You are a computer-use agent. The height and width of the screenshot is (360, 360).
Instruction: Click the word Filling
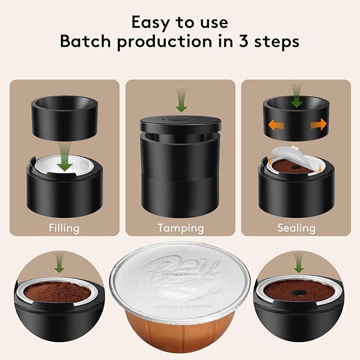[64, 229]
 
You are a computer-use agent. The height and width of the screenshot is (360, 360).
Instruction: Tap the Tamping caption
[180, 229]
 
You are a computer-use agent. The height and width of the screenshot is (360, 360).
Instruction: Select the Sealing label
[296, 229]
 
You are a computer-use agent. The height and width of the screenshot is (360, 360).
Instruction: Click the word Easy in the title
[150, 22]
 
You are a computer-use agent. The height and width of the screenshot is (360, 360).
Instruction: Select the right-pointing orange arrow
[318, 126]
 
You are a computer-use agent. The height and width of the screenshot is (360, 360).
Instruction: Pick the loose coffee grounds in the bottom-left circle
[56, 292]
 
